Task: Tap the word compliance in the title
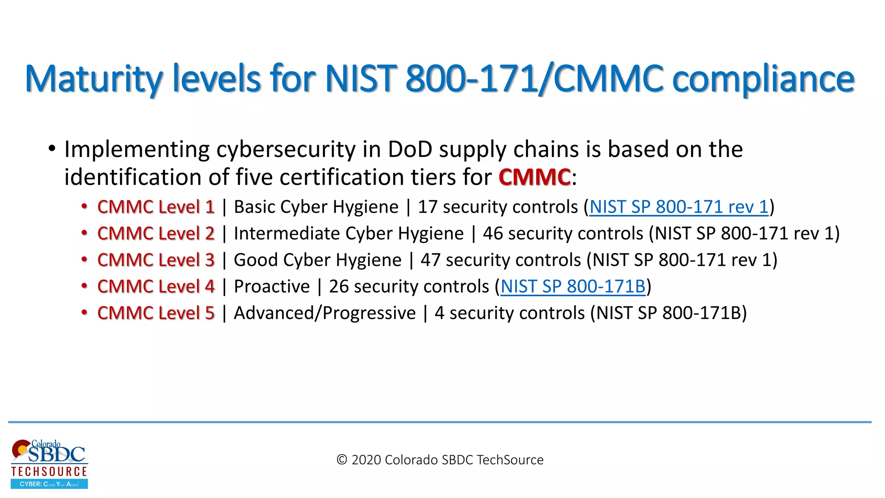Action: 763,79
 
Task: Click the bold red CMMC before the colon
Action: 535,177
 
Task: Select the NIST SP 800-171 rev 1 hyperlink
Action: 679,207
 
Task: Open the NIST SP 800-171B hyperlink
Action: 573,287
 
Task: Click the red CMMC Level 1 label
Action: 156,207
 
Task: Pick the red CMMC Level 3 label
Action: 156,260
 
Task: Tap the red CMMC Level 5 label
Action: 156,313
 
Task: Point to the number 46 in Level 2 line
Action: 493,234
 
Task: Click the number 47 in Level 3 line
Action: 430,260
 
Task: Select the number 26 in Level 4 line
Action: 339,287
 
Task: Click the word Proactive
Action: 272,287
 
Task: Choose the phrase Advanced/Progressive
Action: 325,313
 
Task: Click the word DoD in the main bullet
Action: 410,150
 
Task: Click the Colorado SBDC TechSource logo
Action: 49,464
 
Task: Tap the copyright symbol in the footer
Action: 342,460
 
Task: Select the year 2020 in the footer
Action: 366,460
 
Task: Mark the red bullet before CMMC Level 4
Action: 85,286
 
